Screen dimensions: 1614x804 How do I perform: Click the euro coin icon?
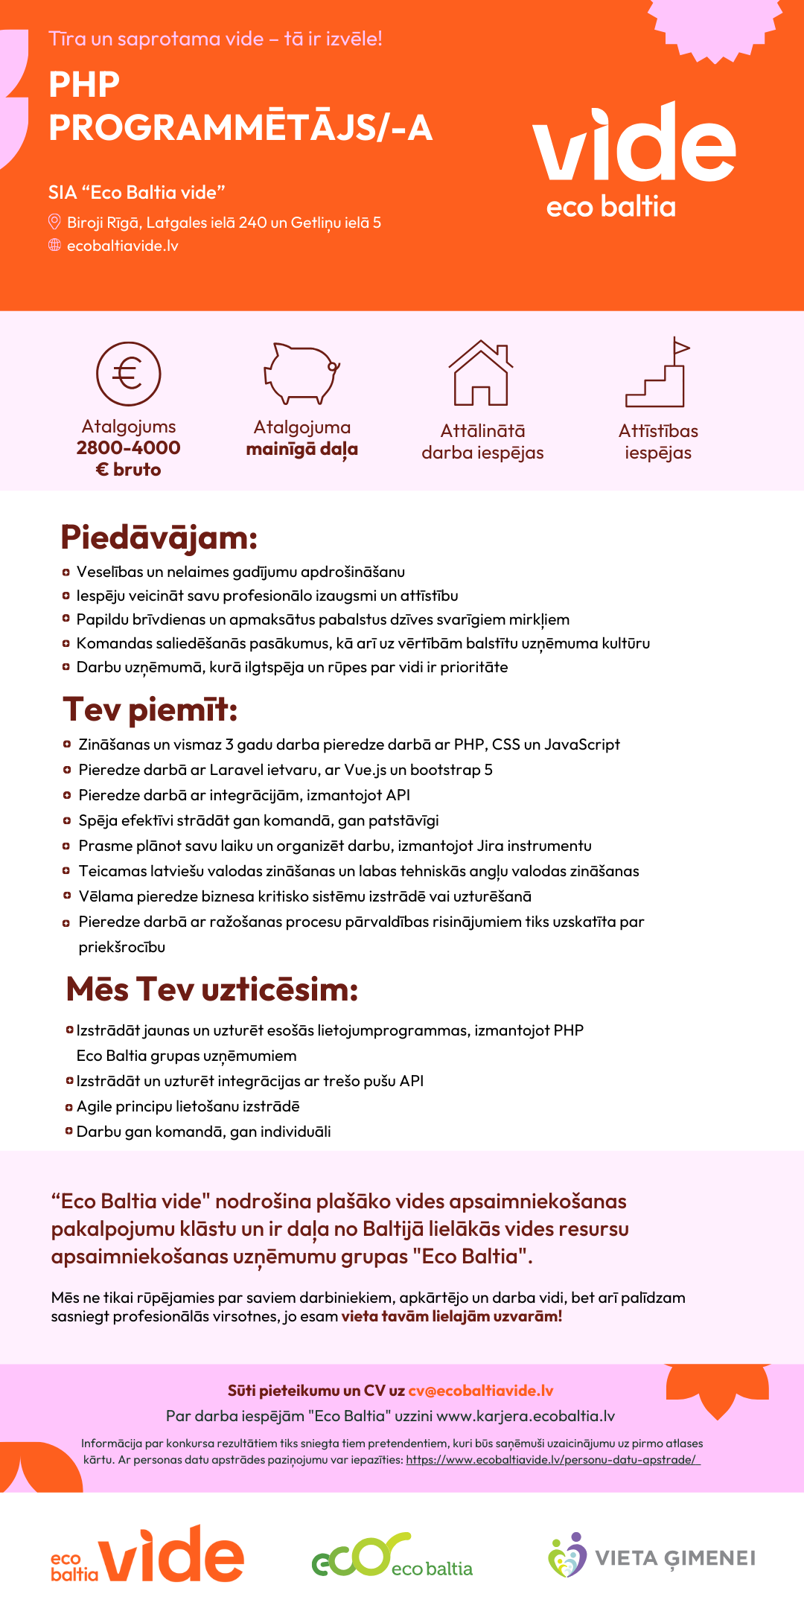(128, 374)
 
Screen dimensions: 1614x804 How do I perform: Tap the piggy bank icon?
(301, 374)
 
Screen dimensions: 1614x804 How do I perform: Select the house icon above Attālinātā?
(481, 374)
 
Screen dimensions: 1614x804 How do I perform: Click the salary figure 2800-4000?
(128, 448)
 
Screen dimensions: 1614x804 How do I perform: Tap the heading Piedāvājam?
(159, 538)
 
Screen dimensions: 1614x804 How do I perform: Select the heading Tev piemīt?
(150, 709)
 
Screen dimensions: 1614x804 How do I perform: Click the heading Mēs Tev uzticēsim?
(212, 989)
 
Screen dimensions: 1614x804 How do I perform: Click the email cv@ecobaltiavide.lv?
(481, 1391)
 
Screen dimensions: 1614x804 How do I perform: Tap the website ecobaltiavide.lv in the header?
(123, 246)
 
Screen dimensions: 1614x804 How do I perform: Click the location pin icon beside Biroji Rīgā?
(54, 222)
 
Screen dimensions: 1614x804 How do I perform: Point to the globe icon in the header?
(54, 245)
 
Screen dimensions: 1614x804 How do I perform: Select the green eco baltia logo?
(392, 1556)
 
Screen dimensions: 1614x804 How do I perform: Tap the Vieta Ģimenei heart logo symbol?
(567, 1556)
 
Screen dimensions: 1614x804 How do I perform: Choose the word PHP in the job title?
(84, 85)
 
